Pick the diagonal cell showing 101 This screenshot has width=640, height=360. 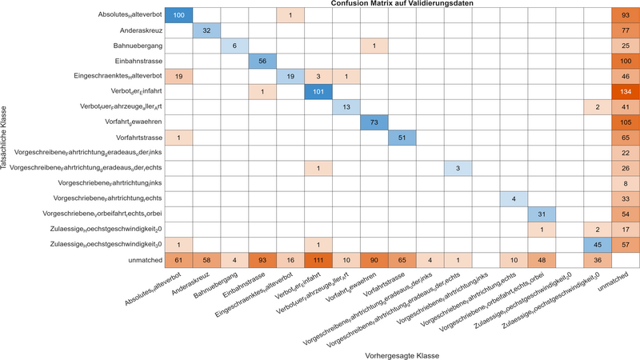pos(317,91)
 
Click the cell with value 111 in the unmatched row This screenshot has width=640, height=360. pos(317,259)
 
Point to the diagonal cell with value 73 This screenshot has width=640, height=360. pos(372,122)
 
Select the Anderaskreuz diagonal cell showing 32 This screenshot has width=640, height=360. pos(206,30)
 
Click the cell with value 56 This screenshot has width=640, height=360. pos(262,61)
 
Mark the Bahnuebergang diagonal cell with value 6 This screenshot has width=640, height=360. pos(234,46)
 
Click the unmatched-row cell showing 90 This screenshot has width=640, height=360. pos(372,259)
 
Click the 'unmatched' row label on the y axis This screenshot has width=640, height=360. pos(141,259)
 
